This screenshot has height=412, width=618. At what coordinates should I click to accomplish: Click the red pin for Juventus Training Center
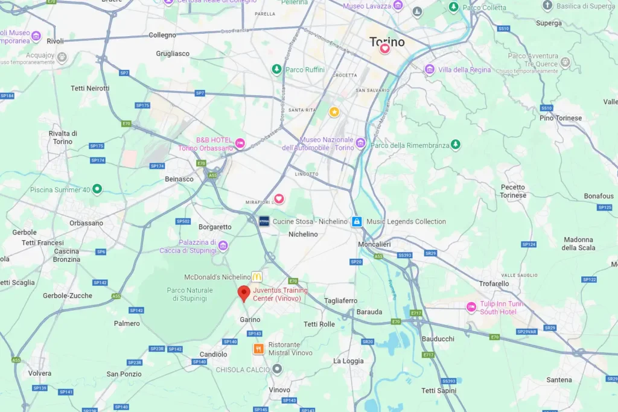[x=244, y=293]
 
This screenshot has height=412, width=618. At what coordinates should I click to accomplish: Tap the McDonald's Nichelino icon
[x=257, y=276]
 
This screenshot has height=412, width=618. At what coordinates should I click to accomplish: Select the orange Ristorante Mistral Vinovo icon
[x=258, y=349]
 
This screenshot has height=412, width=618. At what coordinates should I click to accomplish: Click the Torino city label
[x=387, y=42]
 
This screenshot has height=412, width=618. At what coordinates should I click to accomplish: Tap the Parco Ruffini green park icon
[x=276, y=69]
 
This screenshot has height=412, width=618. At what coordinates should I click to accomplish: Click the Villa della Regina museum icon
[x=430, y=69]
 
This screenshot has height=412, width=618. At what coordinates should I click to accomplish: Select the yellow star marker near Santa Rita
[x=334, y=112]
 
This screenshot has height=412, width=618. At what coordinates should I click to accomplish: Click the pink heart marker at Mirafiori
[x=279, y=198]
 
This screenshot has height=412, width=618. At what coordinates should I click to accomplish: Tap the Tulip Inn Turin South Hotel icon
[x=471, y=308]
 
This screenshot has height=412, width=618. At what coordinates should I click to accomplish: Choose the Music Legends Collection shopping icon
[x=357, y=221]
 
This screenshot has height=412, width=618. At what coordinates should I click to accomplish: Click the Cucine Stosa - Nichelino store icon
[x=264, y=221]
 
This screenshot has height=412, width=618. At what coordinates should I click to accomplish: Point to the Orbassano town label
[x=86, y=223]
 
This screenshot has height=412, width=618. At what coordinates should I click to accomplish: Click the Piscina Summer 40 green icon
[x=97, y=189]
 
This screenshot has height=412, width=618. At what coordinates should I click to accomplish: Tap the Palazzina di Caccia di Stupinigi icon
[x=223, y=246]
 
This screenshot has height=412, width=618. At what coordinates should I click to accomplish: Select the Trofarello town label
[x=494, y=283]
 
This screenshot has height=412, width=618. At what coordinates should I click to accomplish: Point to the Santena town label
[x=559, y=379]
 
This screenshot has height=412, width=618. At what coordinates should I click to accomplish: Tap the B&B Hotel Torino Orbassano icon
[x=240, y=143]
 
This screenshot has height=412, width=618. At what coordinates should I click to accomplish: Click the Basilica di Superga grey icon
[x=547, y=5]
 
